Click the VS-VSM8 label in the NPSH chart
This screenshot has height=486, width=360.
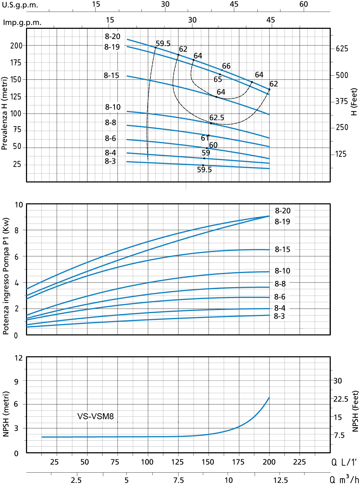[x=96, y=416]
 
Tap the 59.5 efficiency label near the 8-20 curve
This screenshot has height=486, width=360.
[x=163, y=44]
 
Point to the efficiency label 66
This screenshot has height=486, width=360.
[x=226, y=66]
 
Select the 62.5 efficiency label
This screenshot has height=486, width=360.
[x=217, y=118]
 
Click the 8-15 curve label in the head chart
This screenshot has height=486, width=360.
[x=111, y=76]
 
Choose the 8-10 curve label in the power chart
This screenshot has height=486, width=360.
[x=282, y=271]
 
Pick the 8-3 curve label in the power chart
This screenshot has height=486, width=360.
[x=279, y=316]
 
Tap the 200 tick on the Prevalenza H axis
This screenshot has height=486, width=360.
[x=16, y=46]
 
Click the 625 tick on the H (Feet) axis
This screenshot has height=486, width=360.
[x=342, y=48]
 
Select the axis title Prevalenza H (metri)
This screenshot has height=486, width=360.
[x=5, y=114]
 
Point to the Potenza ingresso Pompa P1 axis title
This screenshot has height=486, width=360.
[x=6, y=276]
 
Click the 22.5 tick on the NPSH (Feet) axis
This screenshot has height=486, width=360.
[x=341, y=399]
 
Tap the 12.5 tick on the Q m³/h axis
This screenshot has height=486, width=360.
[x=281, y=480]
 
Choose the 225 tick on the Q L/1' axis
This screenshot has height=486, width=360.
[x=299, y=462]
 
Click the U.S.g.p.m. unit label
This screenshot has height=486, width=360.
[x=20, y=5]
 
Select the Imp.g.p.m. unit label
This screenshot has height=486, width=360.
[x=22, y=23]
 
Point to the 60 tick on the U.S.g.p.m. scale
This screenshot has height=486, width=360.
[x=303, y=4]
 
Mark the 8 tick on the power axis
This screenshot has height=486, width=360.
[x=17, y=231]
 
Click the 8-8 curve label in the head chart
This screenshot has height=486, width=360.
[x=110, y=123]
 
